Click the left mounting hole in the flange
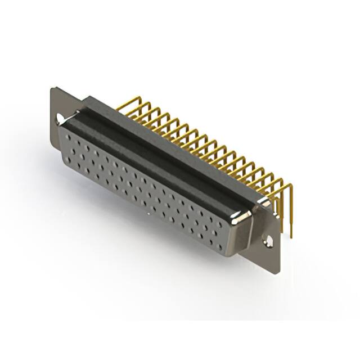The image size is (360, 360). coord(60,119)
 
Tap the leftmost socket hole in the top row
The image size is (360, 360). coord(68,137)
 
